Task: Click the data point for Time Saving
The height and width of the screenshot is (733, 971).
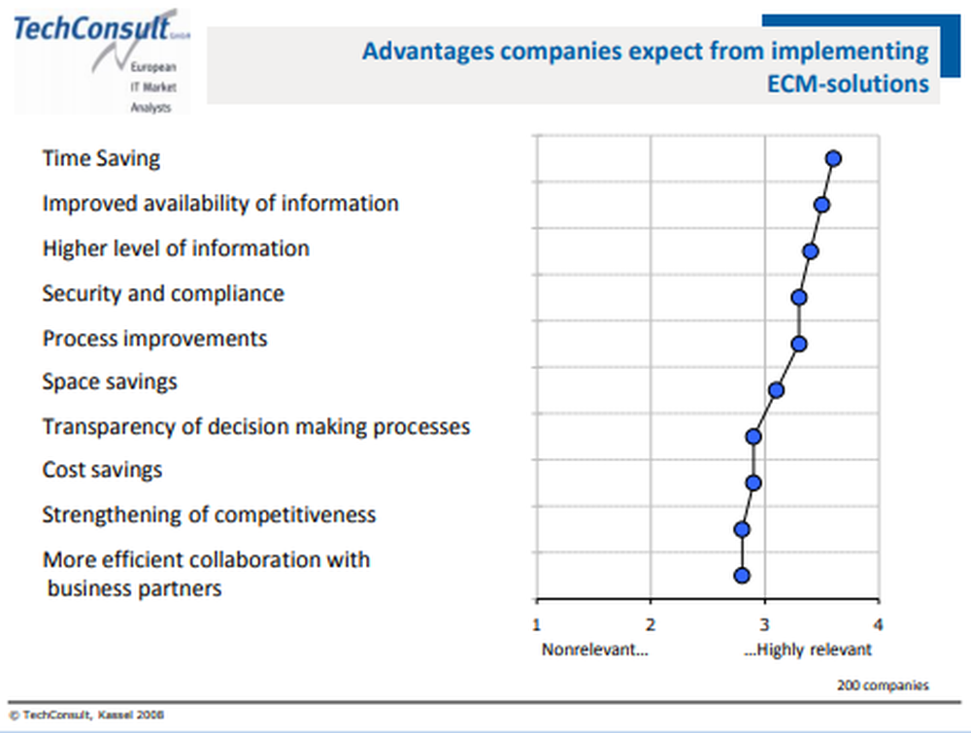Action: tap(832, 159)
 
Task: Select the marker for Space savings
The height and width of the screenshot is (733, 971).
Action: tap(775, 390)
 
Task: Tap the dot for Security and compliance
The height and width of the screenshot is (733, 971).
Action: tap(798, 297)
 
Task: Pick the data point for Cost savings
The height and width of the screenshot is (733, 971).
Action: tap(753, 483)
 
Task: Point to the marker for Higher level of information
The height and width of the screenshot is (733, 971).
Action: tap(810, 251)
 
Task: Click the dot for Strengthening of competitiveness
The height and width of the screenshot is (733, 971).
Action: tap(742, 529)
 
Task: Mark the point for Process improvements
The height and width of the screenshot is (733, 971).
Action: tap(798, 344)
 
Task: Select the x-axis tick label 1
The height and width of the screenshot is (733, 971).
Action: tap(537, 624)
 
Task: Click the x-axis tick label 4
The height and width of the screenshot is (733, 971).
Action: tap(879, 624)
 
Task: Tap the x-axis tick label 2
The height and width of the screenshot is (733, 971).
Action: tap(651, 624)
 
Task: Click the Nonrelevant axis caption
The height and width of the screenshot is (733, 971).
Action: tap(594, 650)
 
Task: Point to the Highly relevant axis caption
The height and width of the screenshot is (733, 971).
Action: tap(808, 650)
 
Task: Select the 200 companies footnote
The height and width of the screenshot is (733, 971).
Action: tap(882, 685)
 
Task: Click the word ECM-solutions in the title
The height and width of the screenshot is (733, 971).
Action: tap(848, 83)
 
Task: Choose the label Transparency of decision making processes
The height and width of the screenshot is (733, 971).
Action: tap(255, 426)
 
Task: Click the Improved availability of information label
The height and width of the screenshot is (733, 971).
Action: tap(219, 204)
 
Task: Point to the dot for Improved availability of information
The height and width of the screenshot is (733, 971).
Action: tap(821, 205)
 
